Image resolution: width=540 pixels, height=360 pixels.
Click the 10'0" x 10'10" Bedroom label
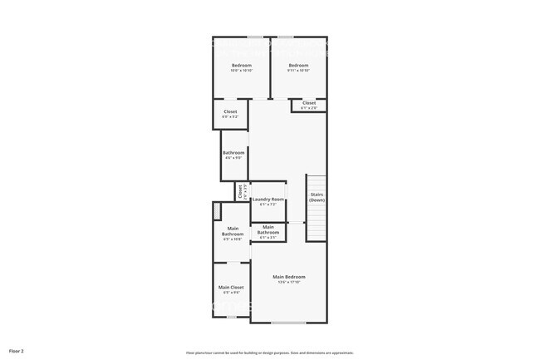click(x=241, y=66)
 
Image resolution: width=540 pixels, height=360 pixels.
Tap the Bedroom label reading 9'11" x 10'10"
click(x=298, y=66)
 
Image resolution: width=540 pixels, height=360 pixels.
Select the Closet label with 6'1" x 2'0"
click(x=309, y=104)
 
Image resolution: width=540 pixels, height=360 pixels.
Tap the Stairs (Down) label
click(x=317, y=198)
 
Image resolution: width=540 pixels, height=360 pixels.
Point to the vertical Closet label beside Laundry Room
click(x=240, y=191)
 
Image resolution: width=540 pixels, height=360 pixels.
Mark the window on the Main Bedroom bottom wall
click(x=288, y=322)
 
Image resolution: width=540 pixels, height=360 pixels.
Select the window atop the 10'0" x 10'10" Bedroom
click(x=255, y=37)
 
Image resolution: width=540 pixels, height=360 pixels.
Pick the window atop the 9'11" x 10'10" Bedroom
click(x=285, y=37)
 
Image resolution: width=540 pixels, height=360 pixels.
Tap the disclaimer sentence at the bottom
click(x=269, y=352)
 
